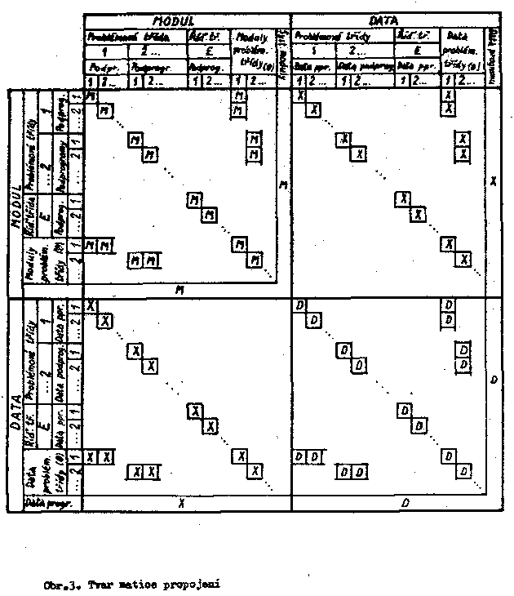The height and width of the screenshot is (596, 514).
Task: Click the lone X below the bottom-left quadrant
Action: click(181, 504)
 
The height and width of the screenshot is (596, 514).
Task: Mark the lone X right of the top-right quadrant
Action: click(493, 180)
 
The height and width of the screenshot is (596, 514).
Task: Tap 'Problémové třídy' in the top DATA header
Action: click(322, 35)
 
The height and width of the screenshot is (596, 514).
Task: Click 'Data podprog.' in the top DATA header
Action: click(366, 67)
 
